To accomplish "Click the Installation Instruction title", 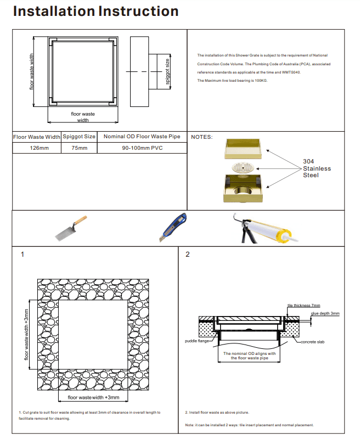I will [x=95, y=12].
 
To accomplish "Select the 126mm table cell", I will [x=37, y=148].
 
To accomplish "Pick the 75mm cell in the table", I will [x=79, y=148].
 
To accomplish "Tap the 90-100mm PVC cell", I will [x=142, y=148].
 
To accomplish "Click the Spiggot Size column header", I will [x=79, y=137].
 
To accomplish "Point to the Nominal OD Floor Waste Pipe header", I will [x=142, y=137].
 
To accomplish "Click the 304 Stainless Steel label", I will [x=317, y=168].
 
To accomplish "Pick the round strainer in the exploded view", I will [x=244, y=167].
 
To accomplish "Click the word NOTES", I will [x=201, y=137].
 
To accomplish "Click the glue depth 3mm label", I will [x=325, y=313].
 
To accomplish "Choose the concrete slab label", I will [x=312, y=342].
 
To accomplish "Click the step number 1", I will [x=22, y=255].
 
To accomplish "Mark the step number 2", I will [x=188, y=255].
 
